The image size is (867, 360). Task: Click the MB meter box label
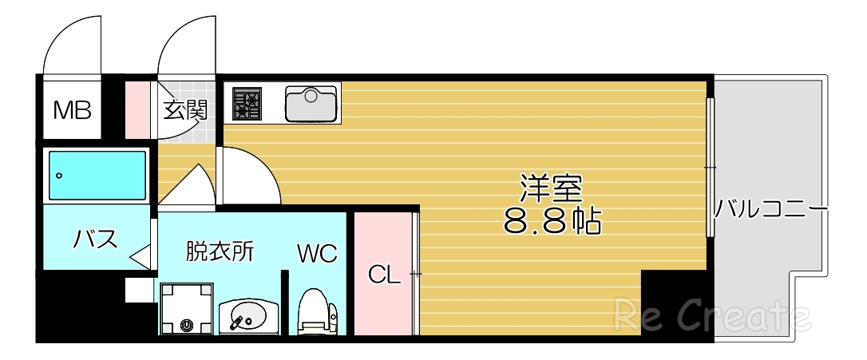coord(72,109)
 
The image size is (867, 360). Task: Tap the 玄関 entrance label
coord(186,110)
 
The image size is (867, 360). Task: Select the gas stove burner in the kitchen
coord(247,103)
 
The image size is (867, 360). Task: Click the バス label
coord(96,238)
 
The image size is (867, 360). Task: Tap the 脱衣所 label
coord(220,251)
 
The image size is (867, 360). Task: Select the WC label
coord(318,254)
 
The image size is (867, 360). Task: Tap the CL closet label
coord(384,275)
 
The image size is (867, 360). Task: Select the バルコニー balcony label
coord(769,210)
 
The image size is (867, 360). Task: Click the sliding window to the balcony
coord(709,168)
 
